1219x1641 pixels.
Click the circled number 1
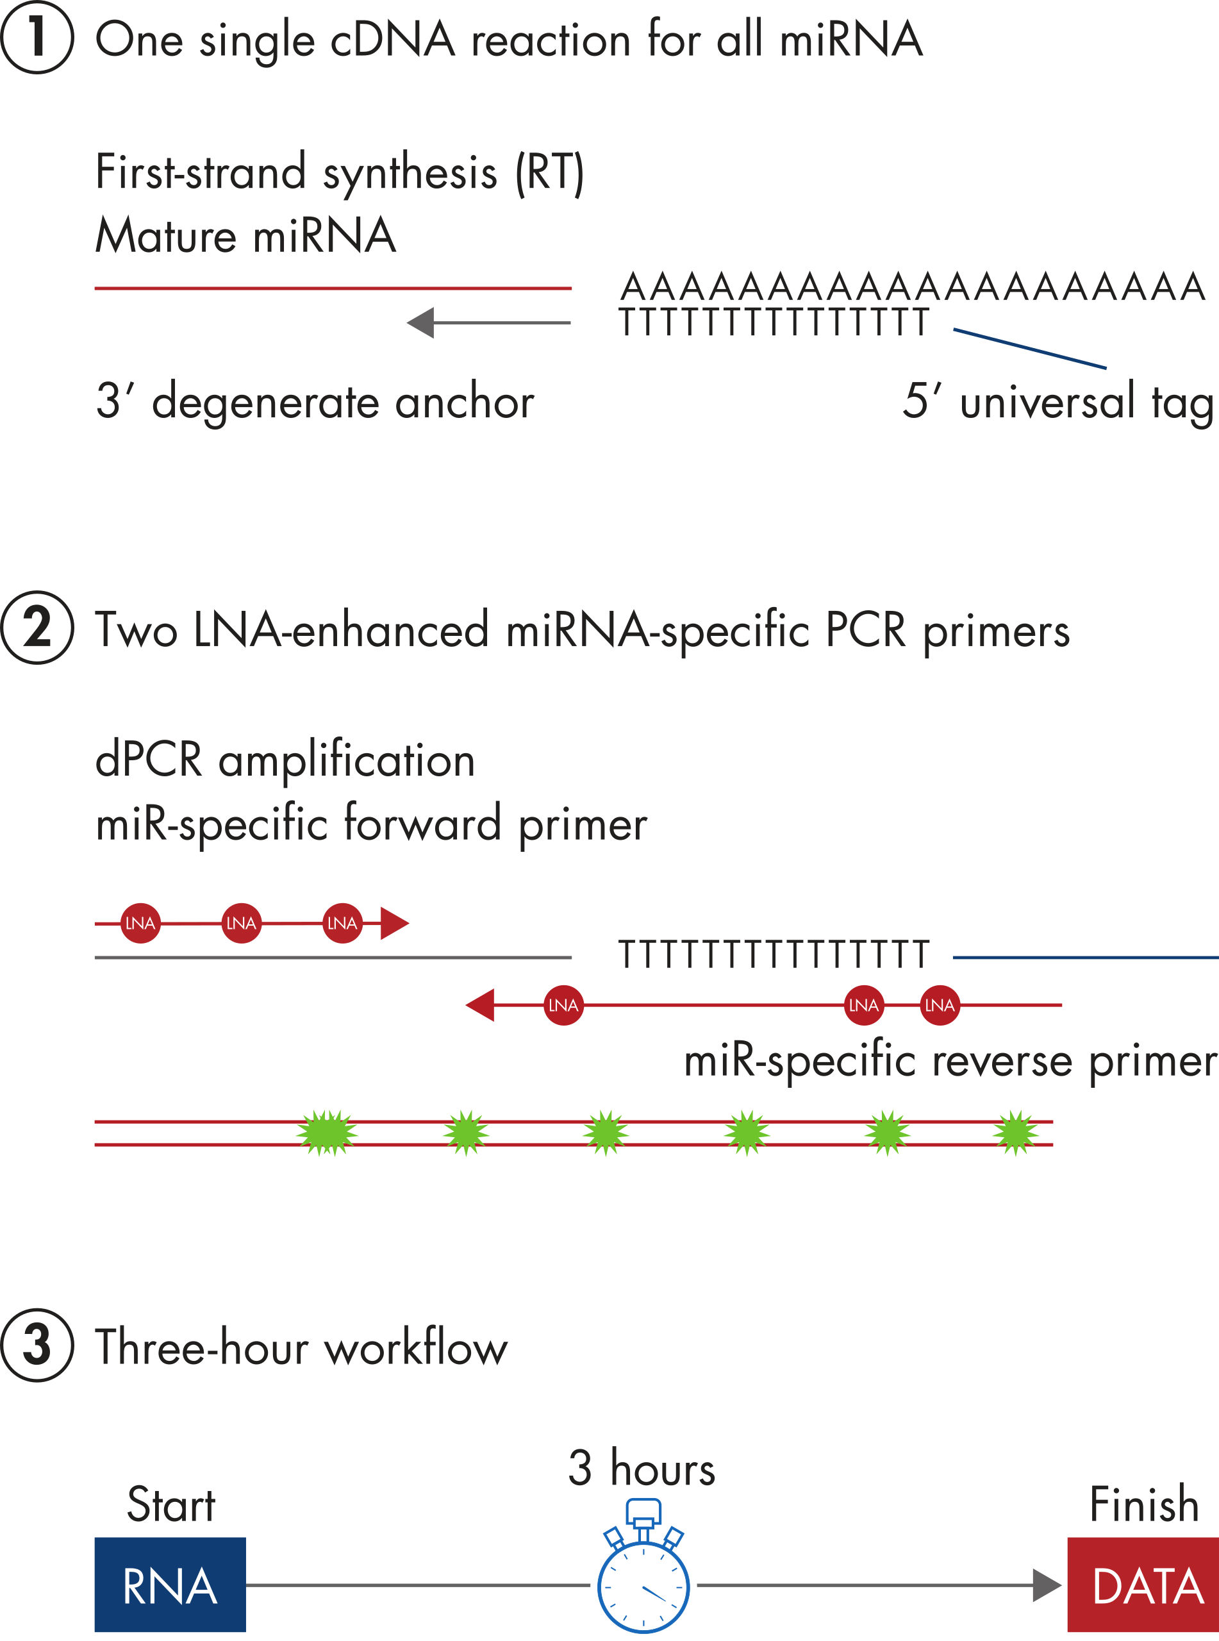pos(37,38)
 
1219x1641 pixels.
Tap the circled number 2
pos(37,628)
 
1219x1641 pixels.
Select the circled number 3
pos(37,1345)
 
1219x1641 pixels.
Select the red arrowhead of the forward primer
pos(394,923)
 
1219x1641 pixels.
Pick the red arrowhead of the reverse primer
pos(481,1005)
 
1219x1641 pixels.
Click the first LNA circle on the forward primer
pos(140,923)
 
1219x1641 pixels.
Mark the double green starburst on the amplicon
pos(327,1133)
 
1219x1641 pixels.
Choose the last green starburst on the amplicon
pos(1015,1133)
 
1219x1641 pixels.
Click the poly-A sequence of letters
pos(912,287)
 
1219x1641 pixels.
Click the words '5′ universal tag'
pos(1057,401)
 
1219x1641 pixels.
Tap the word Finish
pos(1144,1504)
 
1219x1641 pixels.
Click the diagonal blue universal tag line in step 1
pos(1029,348)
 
